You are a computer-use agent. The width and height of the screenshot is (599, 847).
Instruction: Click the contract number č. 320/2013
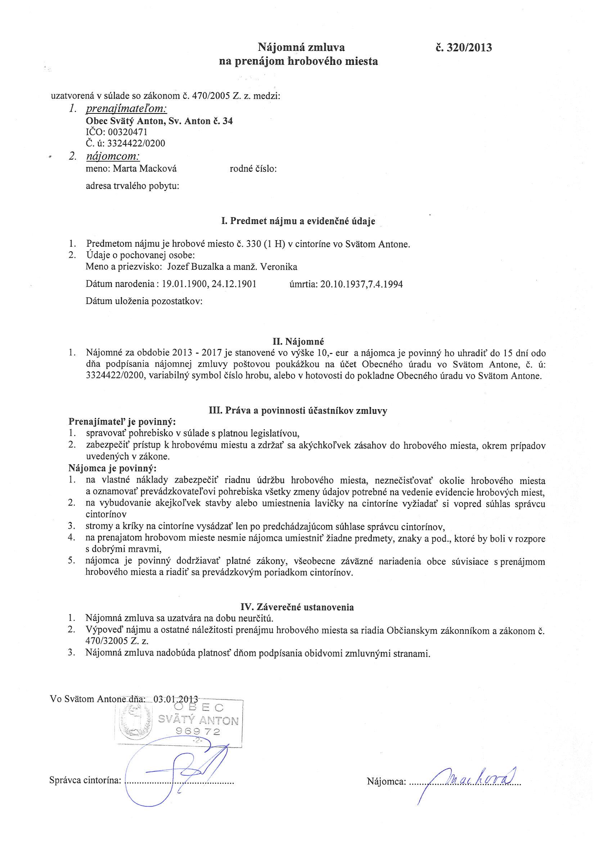tap(463, 48)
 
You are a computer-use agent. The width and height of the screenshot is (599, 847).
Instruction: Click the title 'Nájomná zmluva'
tap(301, 48)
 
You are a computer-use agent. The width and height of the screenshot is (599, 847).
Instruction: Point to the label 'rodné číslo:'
tap(253, 169)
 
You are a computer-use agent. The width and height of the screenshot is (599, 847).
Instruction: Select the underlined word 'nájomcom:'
tap(113, 156)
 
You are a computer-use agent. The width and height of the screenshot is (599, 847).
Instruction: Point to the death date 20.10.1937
tap(340, 284)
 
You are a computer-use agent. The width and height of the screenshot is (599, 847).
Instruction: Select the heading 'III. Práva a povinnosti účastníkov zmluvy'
tap(298, 411)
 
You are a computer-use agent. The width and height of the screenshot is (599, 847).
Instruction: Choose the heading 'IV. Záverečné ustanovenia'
tap(297, 607)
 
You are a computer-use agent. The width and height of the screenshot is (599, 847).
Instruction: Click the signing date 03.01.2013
tap(176, 699)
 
